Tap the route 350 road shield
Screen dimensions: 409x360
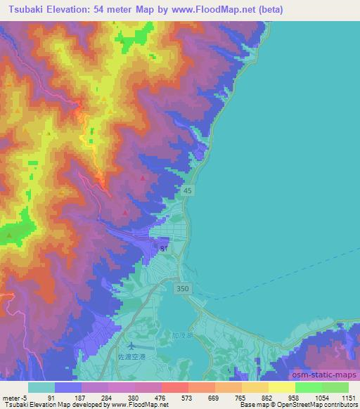tap(183, 288)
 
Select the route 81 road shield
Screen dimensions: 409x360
tap(164, 249)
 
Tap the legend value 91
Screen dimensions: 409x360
tap(51, 397)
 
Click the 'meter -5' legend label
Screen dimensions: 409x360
tap(14, 397)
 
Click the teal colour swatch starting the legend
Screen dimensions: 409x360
tap(41, 387)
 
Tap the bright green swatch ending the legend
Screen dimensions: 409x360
tap(335, 387)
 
